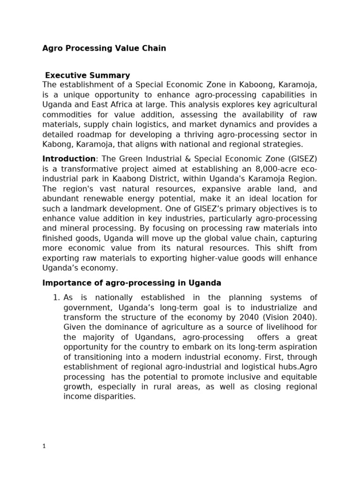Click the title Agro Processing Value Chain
pos(104,48)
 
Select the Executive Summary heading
pos(87,75)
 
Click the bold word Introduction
pos(68,159)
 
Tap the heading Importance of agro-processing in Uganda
pos(132,283)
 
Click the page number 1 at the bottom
pos(44,447)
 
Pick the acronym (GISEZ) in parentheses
pos(300,159)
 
